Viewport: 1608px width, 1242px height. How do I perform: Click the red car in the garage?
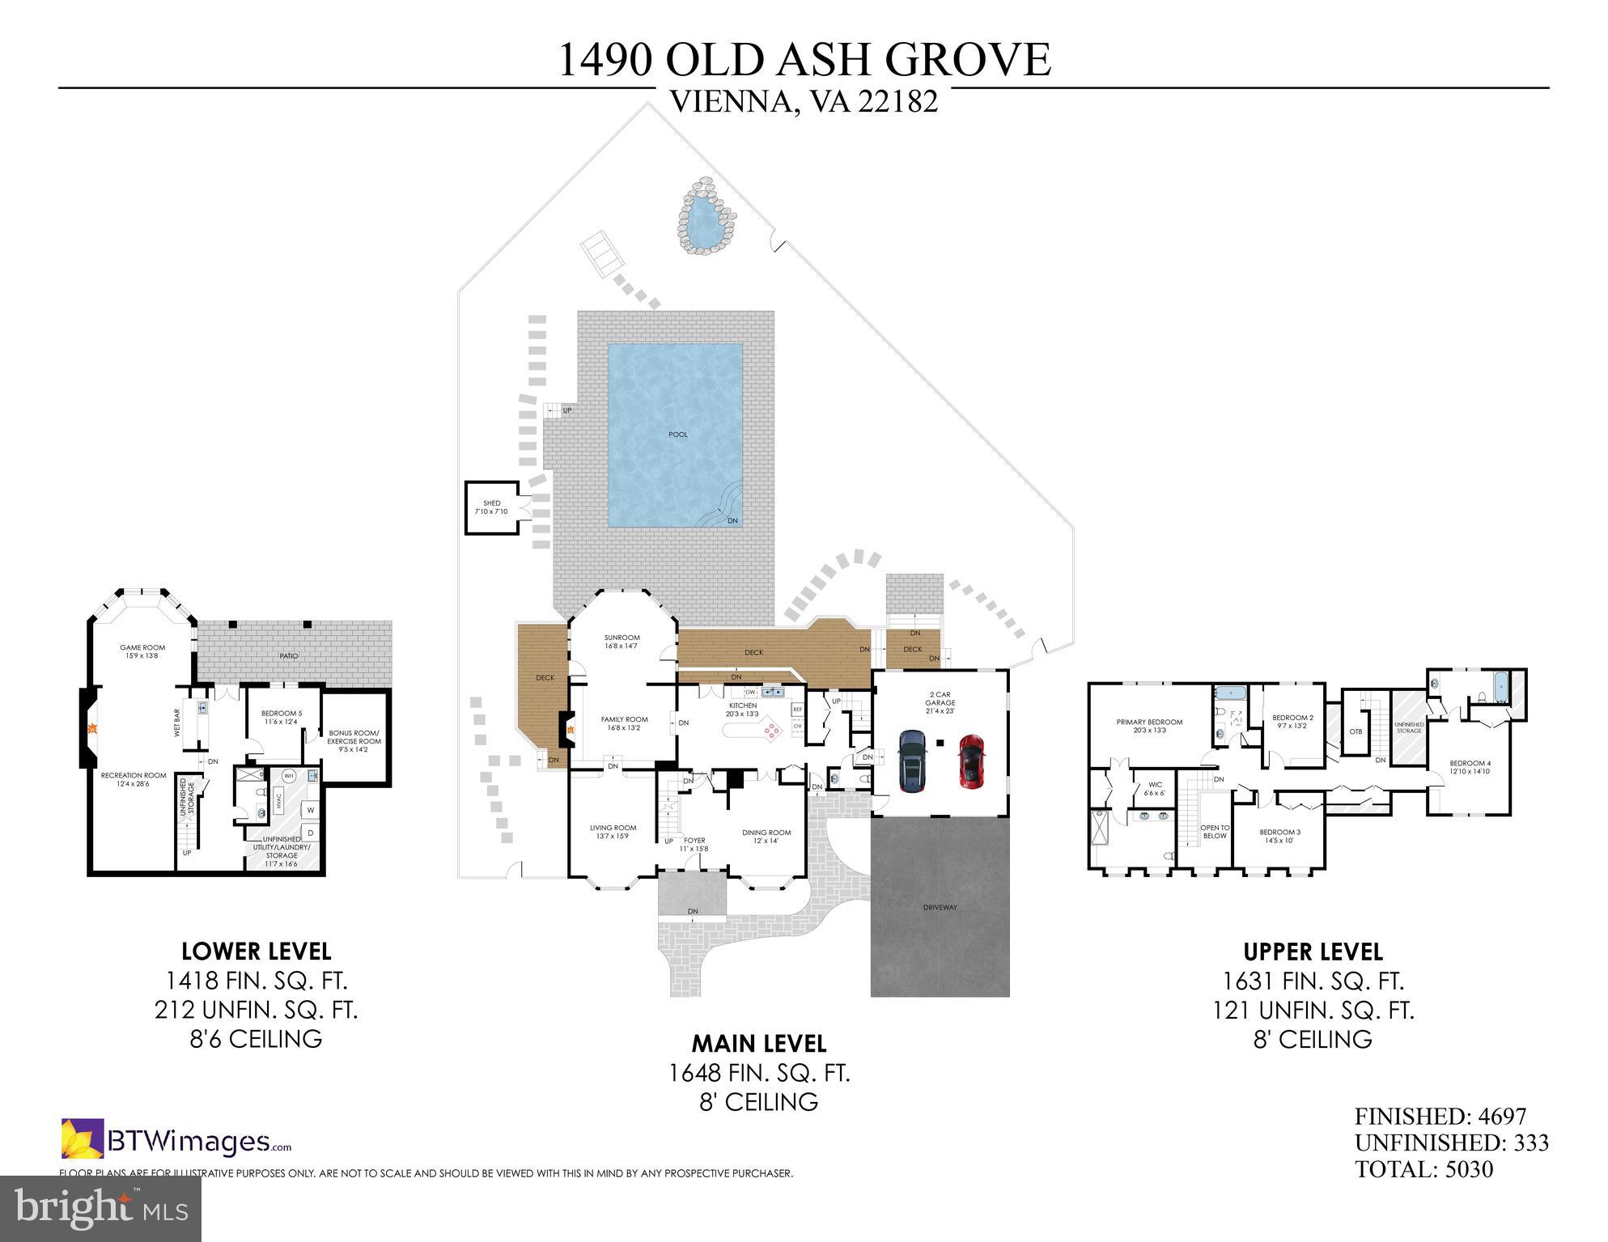click(972, 761)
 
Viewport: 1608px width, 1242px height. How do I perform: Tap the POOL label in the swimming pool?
click(678, 434)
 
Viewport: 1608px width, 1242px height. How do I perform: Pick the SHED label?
click(491, 503)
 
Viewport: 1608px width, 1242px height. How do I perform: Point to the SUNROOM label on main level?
click(622, 638)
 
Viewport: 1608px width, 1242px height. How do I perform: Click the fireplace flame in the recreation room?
click(93, 728)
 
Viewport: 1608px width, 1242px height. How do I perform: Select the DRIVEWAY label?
click(940, 907)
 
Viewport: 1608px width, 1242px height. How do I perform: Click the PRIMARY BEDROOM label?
click(1149, 723)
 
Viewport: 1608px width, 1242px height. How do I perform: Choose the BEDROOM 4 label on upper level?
click(1470, 763)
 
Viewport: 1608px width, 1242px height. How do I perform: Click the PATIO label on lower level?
click(289, 655)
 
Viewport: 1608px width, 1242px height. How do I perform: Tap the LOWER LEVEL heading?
click(256, 951)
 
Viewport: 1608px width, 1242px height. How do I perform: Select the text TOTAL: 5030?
click(1423, 1169)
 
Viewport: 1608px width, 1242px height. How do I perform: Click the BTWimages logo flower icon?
click(83, 1138)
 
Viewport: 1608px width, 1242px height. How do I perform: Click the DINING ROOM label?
click(766, 833)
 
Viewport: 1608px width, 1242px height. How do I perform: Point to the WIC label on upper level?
click(1155, 784)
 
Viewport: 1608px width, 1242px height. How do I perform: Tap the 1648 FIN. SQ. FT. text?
click(758, 1073)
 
